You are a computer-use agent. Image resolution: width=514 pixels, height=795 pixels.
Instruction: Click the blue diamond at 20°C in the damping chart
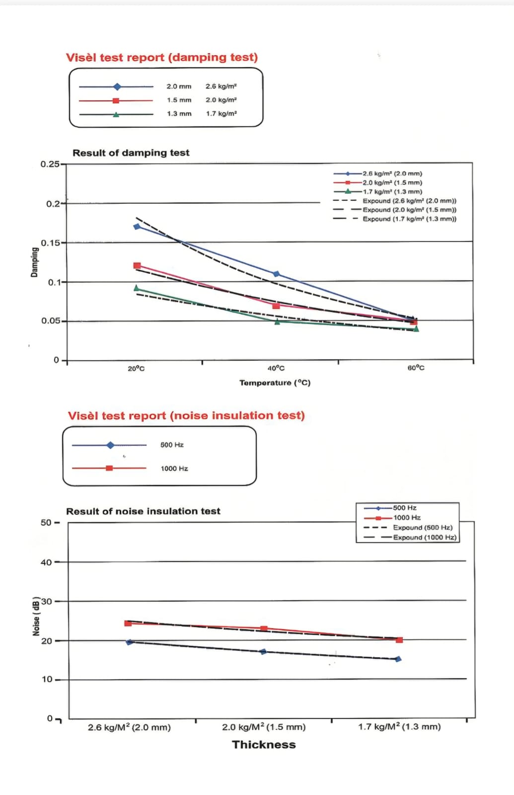click(x=137, y=227)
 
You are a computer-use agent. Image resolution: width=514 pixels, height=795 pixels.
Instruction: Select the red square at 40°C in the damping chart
click(x=276, y=306)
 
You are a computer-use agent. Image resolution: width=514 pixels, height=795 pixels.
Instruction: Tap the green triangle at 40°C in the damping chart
click(x=278, y=321)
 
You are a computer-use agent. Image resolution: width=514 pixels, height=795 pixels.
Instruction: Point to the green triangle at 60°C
click(x=416, y=328)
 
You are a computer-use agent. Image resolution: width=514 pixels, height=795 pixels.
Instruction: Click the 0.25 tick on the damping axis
click(x=50, y=164)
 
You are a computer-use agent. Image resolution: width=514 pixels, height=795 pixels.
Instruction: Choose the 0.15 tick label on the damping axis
click(x=50, y=243)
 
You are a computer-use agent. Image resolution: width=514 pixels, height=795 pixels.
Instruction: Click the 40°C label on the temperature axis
click(x=276, y=368)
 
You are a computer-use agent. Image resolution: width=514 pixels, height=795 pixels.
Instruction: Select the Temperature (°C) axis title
click(x=275, y=383)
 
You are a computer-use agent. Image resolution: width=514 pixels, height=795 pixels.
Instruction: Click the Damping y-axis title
click(x=34, y=262)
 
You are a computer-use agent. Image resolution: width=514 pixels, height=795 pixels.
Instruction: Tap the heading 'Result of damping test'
click(x=131, y=153)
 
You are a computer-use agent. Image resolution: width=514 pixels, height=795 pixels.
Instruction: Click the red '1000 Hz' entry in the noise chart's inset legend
click(x=407, y=517)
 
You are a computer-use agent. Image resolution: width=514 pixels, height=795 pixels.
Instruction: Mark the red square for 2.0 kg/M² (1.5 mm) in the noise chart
click(x=264, y=628)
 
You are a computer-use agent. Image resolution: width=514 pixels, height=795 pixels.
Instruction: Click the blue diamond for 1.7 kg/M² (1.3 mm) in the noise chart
click(x=398, y=659)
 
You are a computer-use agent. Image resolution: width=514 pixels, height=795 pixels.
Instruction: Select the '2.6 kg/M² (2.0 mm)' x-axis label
click(x=130, y=727)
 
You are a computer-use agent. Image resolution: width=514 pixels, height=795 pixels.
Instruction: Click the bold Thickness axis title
click(x=264, y=744)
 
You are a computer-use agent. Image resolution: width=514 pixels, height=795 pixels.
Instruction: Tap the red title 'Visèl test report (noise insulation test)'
click(x=186, y=415)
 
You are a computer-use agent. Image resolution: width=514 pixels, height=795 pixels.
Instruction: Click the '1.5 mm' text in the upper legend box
click(x=179, y=100)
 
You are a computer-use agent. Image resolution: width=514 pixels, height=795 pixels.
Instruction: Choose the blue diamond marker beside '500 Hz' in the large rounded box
click(x=110, y=445)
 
